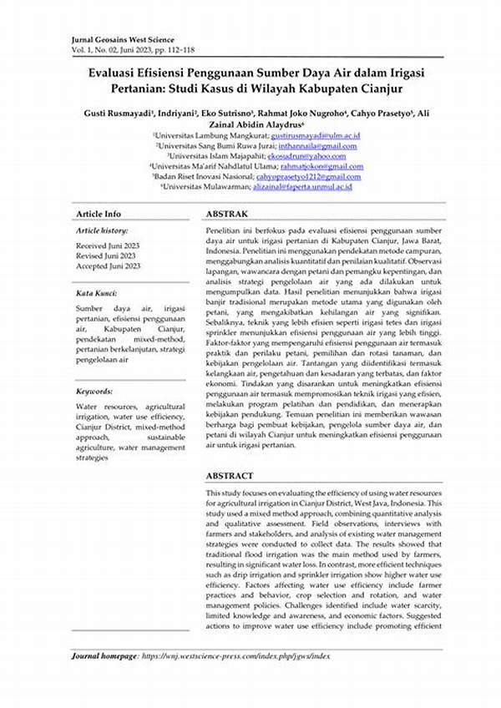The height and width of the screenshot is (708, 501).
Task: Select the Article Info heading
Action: tap(98, 214)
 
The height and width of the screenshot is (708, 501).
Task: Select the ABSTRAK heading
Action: tap(226, 214)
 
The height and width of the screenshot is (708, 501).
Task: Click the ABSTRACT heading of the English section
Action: tap(229, 476)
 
